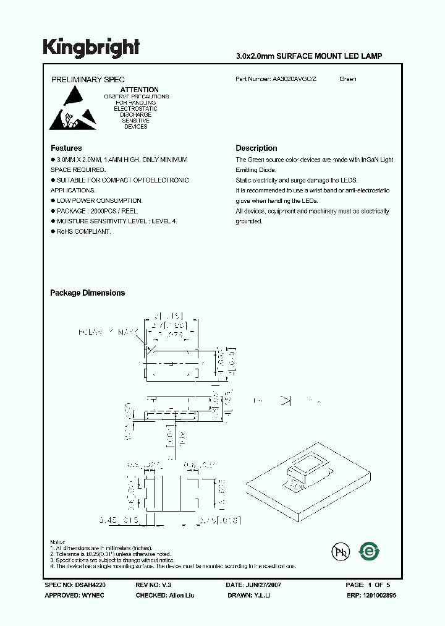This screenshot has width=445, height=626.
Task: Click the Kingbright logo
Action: click(91, 47)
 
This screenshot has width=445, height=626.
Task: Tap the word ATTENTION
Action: click(139, 90)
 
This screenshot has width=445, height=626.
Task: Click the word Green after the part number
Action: click(348, 79)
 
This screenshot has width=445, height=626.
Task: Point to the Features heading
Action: click(66, 148)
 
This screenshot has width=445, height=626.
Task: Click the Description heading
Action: click(256, 148)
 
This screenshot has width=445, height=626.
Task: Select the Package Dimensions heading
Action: click(87, 293)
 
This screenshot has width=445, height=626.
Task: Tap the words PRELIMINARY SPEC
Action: click(87, 80)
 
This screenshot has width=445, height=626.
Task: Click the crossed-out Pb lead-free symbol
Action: click(338, 551)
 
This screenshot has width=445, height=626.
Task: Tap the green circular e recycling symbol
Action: click(370, 551)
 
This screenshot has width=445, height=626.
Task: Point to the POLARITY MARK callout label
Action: click(109, 333)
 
